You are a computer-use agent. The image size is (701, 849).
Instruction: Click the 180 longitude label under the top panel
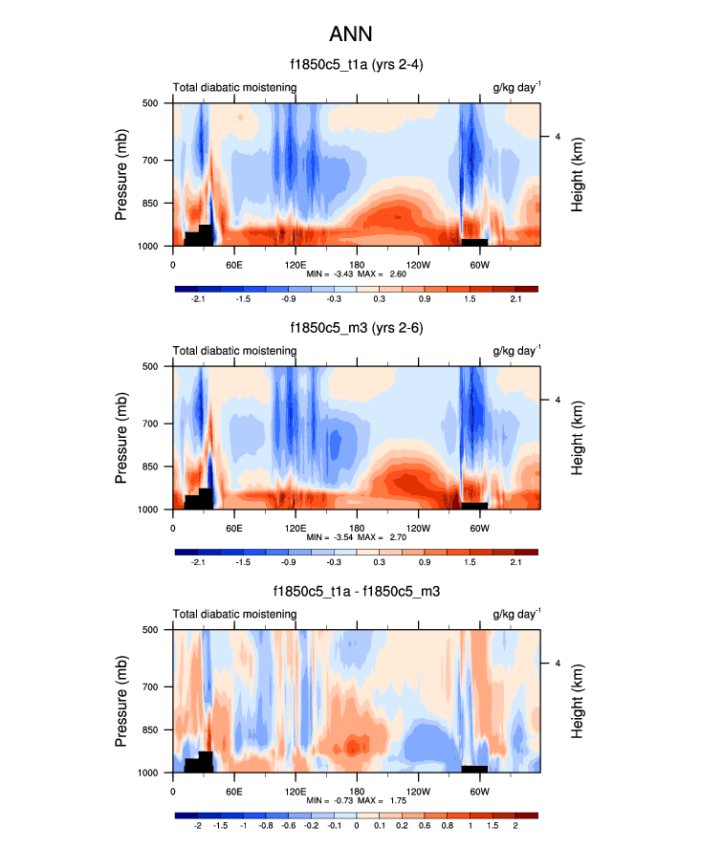[357, 264]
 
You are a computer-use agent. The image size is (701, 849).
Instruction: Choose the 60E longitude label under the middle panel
[233, 527]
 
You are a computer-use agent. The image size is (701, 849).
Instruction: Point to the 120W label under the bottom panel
[418, 791]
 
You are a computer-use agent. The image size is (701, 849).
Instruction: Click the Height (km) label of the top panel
[578, 174]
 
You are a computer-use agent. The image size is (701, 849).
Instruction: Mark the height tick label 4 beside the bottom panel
[558, 663]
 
